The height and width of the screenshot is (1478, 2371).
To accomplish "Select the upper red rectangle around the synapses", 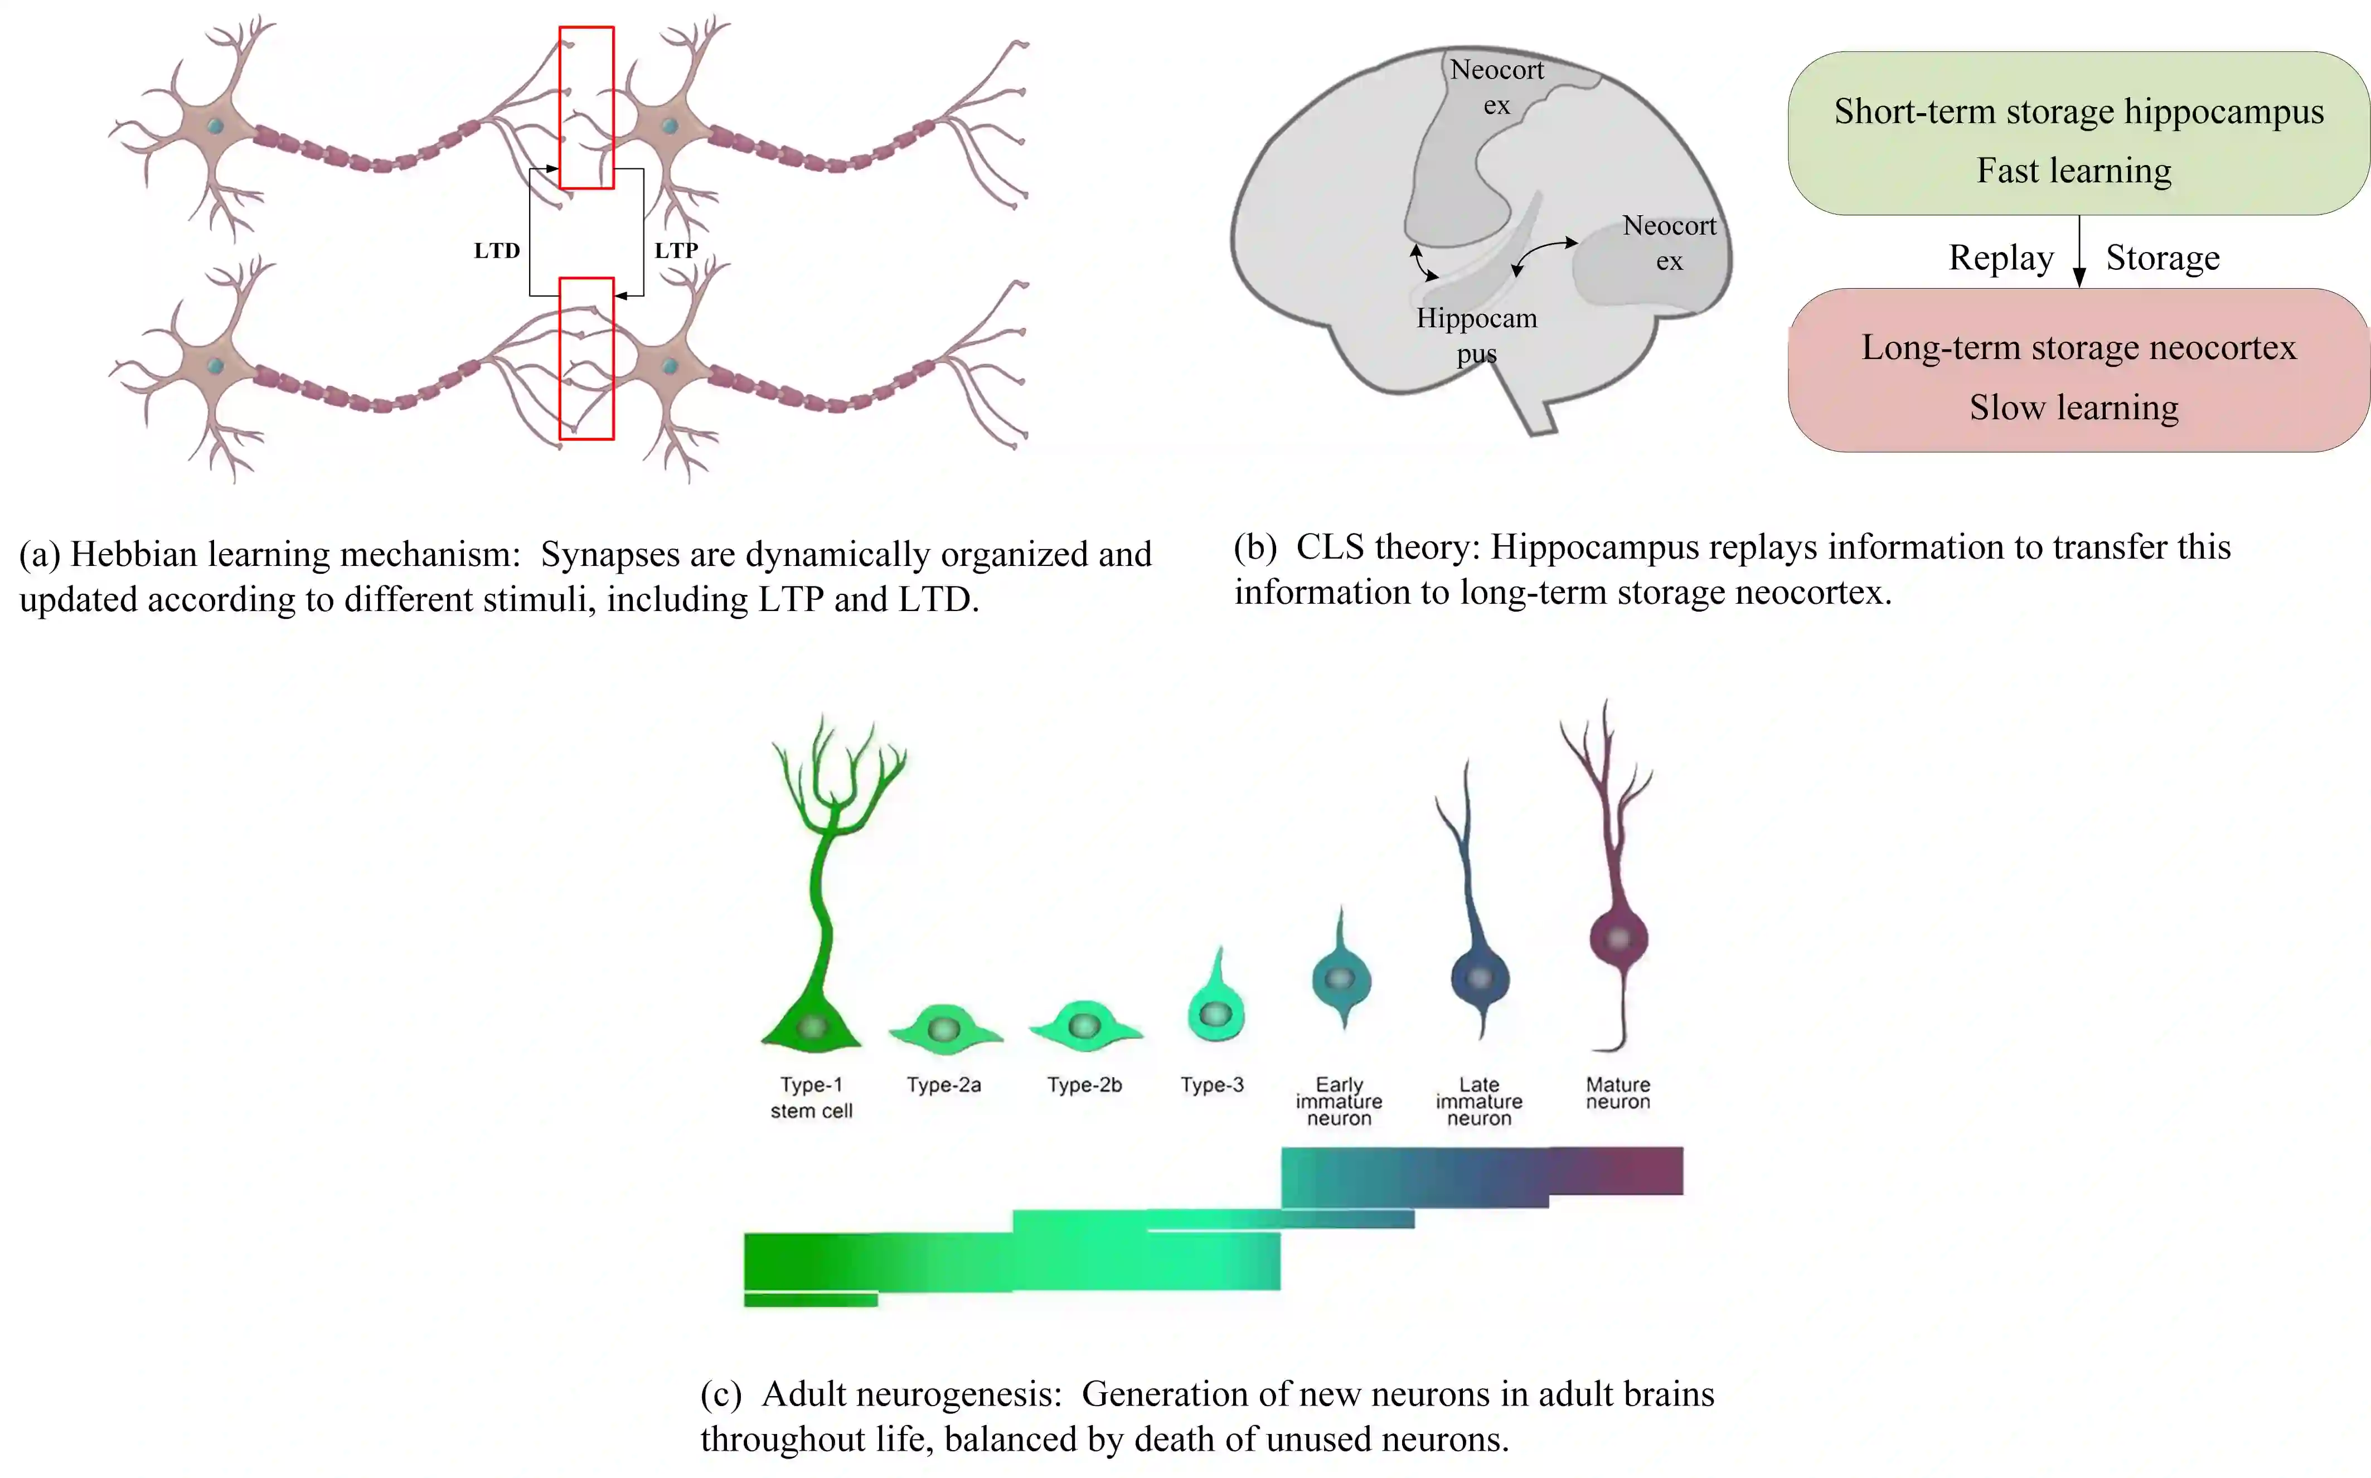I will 586,108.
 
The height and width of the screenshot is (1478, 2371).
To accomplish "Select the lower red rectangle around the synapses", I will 586,358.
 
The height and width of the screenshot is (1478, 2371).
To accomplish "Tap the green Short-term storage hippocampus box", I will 2078,134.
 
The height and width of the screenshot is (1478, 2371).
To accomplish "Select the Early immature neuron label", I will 1339,1102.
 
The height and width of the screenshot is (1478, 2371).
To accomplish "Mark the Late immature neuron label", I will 1478,1102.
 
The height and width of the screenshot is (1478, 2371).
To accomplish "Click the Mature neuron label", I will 1617,1093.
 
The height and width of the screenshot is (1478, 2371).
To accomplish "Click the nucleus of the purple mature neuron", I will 1618,938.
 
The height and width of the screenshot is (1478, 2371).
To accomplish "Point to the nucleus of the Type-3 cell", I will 1215,1014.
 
